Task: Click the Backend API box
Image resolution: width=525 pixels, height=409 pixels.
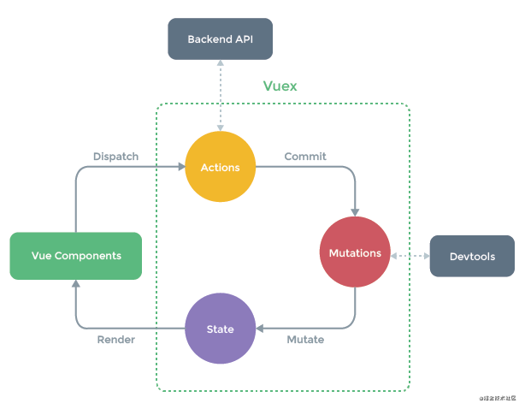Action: point(221,39)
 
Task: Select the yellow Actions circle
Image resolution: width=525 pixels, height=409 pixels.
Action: point(221,167)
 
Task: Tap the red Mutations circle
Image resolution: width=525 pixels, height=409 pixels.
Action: point(355,253)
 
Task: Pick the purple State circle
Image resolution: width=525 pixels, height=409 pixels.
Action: point(221,329)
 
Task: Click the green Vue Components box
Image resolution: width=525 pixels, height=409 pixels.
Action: point(75,256)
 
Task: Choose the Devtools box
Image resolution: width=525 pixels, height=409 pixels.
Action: point(472,256)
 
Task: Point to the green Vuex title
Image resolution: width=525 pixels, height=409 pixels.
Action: point(280,86)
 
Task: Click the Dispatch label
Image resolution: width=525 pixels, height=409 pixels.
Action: point(115,157)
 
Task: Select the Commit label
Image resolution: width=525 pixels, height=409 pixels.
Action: point(305,157)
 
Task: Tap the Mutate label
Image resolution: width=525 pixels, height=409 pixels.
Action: point(304,340)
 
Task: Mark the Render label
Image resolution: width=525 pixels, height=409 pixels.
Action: point(115,340)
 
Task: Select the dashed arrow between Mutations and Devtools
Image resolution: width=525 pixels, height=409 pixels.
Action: point(410,255)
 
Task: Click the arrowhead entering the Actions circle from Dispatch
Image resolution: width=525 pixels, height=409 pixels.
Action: point(180,167)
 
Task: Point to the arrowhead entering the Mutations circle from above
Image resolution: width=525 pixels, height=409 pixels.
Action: point(355,213)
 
